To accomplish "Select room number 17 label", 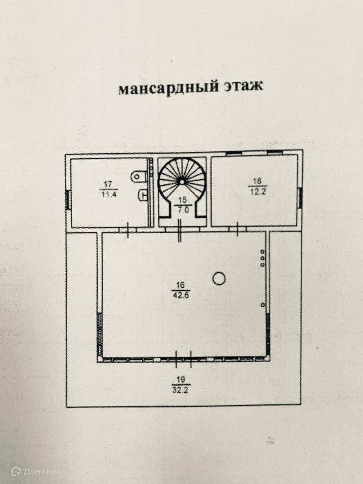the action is (108, 184).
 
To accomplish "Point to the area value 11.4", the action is (108, 194).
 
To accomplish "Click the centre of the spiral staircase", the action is (181, 181).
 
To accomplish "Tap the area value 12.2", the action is (257, 190).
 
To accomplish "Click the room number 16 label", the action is (180, 285).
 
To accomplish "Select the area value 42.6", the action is (180, 295).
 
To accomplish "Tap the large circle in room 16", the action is (218, 279).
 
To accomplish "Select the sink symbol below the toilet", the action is (143, 194).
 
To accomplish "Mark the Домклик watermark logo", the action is (36, 471).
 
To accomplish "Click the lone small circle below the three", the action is (263, 305).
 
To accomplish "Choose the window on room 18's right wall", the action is (300, 198).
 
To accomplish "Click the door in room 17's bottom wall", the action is (128, 229).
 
